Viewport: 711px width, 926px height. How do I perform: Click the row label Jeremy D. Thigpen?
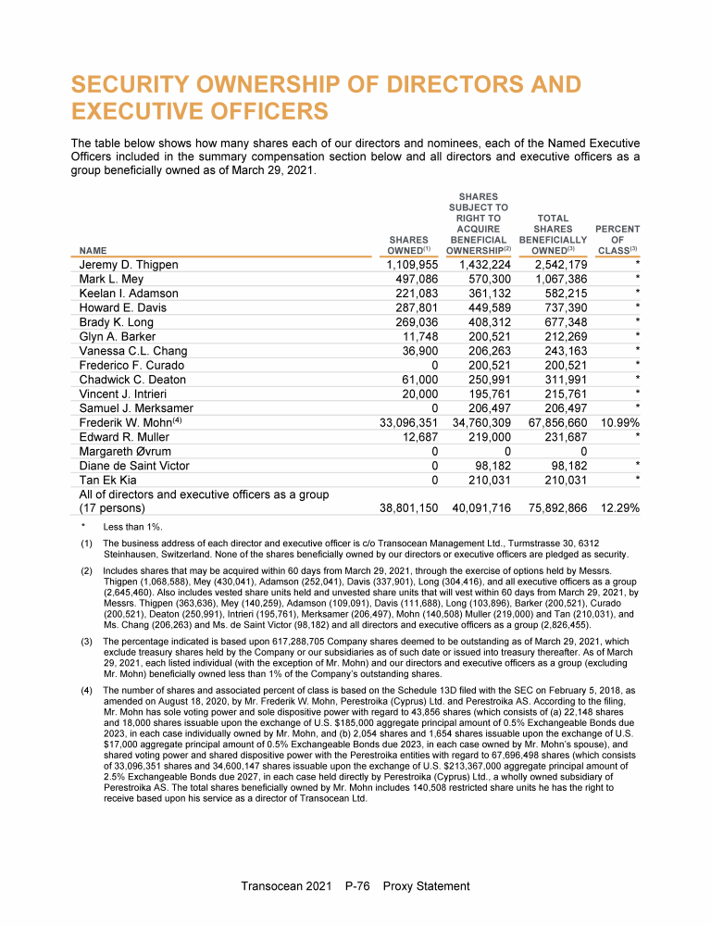(x=129, y=265)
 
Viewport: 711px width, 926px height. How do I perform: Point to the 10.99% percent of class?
(x=615, y=423)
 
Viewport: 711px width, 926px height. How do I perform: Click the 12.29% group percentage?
(x=615, y=508)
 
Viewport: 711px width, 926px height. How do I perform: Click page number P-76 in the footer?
(x=356, y=886)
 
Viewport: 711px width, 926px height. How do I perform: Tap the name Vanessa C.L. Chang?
(x=132, y=351)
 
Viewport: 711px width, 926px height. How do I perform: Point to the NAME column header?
(x=93, y=250)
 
